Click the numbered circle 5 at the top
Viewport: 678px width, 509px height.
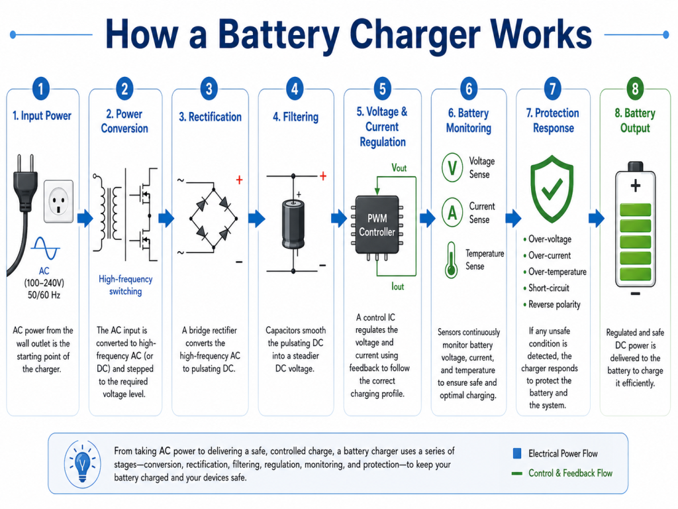(381, 88)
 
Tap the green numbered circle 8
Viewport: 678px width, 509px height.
(635, 88)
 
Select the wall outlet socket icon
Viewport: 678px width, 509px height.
(58, 201)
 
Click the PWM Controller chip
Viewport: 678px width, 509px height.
(377, 225)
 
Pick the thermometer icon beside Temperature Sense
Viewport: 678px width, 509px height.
(451, 259)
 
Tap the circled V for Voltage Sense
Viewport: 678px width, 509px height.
(452, 168)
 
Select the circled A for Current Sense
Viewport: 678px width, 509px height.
(452, 213)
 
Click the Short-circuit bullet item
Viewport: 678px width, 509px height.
(548, 288)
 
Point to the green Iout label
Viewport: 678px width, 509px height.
(398, 286)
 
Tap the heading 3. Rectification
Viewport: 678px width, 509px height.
(210, 117)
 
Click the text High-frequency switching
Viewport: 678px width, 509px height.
(124, 286)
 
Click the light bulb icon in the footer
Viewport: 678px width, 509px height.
(82, 463)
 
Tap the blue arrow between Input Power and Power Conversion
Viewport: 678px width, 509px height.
(85, 218)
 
